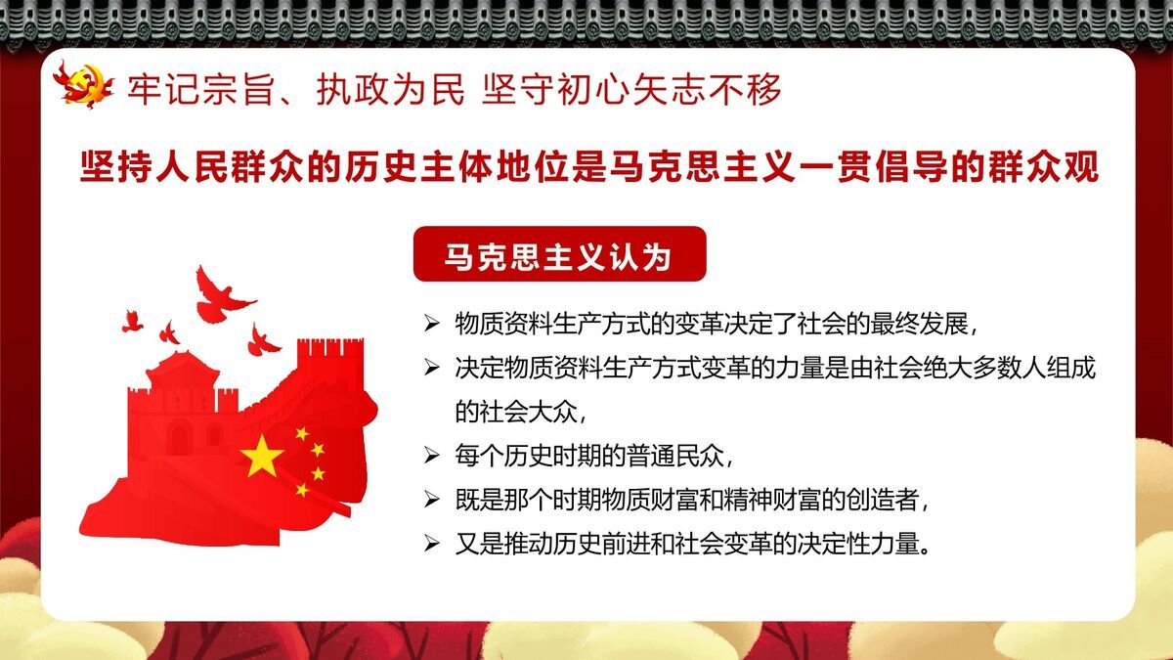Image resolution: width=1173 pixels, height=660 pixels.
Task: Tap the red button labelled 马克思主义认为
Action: coord(558,255)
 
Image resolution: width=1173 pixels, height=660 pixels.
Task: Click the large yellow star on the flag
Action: coord(262,456)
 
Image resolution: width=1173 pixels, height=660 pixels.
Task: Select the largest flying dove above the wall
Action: coord(220,292)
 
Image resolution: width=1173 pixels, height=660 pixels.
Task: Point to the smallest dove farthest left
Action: coord(132,320)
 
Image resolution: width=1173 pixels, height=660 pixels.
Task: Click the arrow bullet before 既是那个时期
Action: coord(432,499)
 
